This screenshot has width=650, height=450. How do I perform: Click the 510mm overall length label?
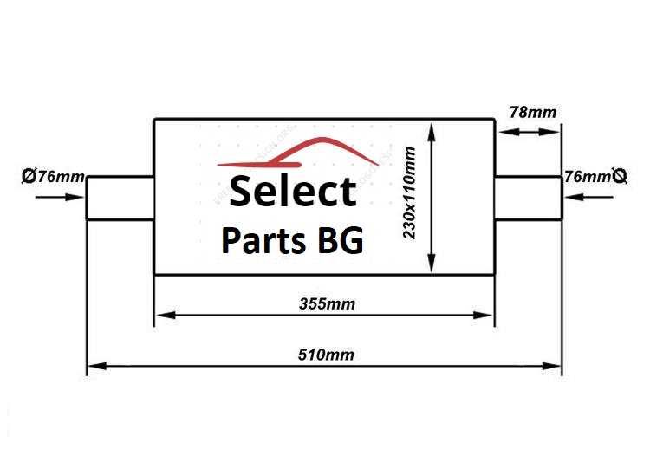click(326, 355)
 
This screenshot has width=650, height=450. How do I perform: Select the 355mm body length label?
click(327, 304)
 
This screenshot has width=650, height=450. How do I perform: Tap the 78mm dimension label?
click(533, 112)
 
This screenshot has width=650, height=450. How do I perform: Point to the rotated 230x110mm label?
click(409, 192)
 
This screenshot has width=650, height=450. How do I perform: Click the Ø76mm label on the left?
click(53, 176)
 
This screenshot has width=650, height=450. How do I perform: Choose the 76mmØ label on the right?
click(595, 177)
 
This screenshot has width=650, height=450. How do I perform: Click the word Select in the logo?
click(293, 192)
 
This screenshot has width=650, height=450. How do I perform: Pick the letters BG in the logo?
click(341, 240)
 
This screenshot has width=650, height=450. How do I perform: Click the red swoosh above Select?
click(296, 153)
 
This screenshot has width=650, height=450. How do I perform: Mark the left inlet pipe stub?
click(120, 198)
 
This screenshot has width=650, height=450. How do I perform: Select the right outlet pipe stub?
click(528, 198)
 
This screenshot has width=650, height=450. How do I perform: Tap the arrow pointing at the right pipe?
click(588, 197)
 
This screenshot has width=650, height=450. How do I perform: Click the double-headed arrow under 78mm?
click(529, 132)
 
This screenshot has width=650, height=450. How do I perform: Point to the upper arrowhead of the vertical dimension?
click(432, 132)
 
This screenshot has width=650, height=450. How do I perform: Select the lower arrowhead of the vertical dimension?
click(432, 263)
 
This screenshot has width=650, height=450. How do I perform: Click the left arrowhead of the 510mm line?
click(97, 366)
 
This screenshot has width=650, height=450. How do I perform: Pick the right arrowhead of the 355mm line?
click(483, 316)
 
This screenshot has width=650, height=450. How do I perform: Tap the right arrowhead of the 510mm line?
click(551, 366)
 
